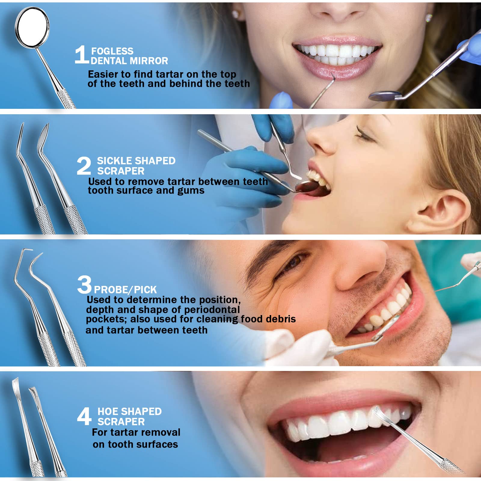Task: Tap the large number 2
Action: (84, 166)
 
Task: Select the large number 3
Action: (84, 284)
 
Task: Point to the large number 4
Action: (84, 416)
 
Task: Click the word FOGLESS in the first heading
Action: (112, 51)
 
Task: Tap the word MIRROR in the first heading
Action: (149, 61)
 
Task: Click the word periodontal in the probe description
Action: (212, 310)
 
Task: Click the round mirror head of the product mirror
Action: (32, 27)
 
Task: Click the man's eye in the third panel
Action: (293, 263)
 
